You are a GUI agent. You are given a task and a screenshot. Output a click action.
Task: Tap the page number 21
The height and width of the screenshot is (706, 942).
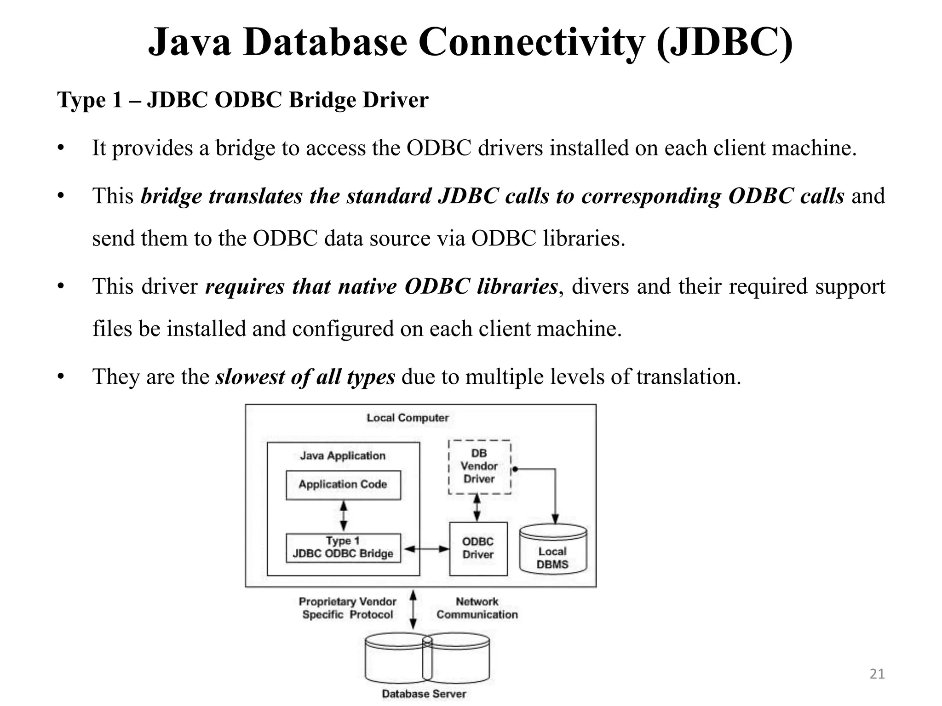point(877,674)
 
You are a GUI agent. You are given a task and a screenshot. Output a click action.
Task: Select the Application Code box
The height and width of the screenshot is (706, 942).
point(343,485)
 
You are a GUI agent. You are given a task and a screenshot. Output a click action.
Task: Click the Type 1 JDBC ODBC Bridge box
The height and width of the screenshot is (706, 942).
point(343,547)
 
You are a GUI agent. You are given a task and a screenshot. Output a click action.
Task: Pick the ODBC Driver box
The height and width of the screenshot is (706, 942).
point(478,548)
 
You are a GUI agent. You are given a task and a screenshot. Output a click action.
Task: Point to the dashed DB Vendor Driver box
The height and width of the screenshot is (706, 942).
point(479,467)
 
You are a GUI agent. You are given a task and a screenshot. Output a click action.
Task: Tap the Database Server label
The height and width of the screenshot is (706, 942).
point(424,694)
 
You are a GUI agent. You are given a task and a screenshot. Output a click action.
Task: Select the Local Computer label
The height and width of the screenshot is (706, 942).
point(408,418)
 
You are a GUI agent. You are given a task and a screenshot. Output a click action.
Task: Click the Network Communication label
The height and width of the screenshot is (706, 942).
point(477,608)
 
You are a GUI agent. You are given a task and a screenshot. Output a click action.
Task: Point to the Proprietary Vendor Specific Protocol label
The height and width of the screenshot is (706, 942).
point(348,608)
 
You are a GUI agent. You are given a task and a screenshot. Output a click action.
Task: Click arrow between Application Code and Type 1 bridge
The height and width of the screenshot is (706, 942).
point(343,516)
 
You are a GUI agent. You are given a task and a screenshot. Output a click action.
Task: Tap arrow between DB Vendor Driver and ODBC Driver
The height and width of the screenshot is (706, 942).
point(477,507)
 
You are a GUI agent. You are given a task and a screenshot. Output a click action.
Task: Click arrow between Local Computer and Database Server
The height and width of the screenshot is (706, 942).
point(413,609)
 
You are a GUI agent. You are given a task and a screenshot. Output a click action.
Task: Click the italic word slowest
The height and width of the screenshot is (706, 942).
point(250,377)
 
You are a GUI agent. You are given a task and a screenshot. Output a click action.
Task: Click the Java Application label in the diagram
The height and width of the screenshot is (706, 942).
point(343,455)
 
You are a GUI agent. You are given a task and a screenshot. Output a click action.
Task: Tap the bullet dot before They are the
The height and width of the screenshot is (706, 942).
point(60,377)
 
